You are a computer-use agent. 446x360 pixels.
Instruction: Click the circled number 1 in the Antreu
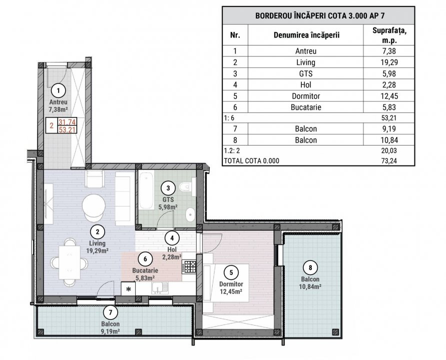(59, 90)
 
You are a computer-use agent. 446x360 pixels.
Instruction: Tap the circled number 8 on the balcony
(310, 266)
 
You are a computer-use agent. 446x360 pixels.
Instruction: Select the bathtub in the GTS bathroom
(147, 190)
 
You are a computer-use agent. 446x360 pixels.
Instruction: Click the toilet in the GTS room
(186, 188)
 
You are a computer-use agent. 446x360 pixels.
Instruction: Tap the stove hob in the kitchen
(189, 267)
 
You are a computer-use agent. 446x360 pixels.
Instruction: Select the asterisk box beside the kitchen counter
(128, 289)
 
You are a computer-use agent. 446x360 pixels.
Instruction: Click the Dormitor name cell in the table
(306, 95)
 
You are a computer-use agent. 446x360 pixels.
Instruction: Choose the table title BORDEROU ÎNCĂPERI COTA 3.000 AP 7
(318, 14)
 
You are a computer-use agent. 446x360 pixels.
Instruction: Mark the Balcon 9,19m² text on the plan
(110, 327)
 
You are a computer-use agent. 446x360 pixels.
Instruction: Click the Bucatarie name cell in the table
(306, 106)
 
